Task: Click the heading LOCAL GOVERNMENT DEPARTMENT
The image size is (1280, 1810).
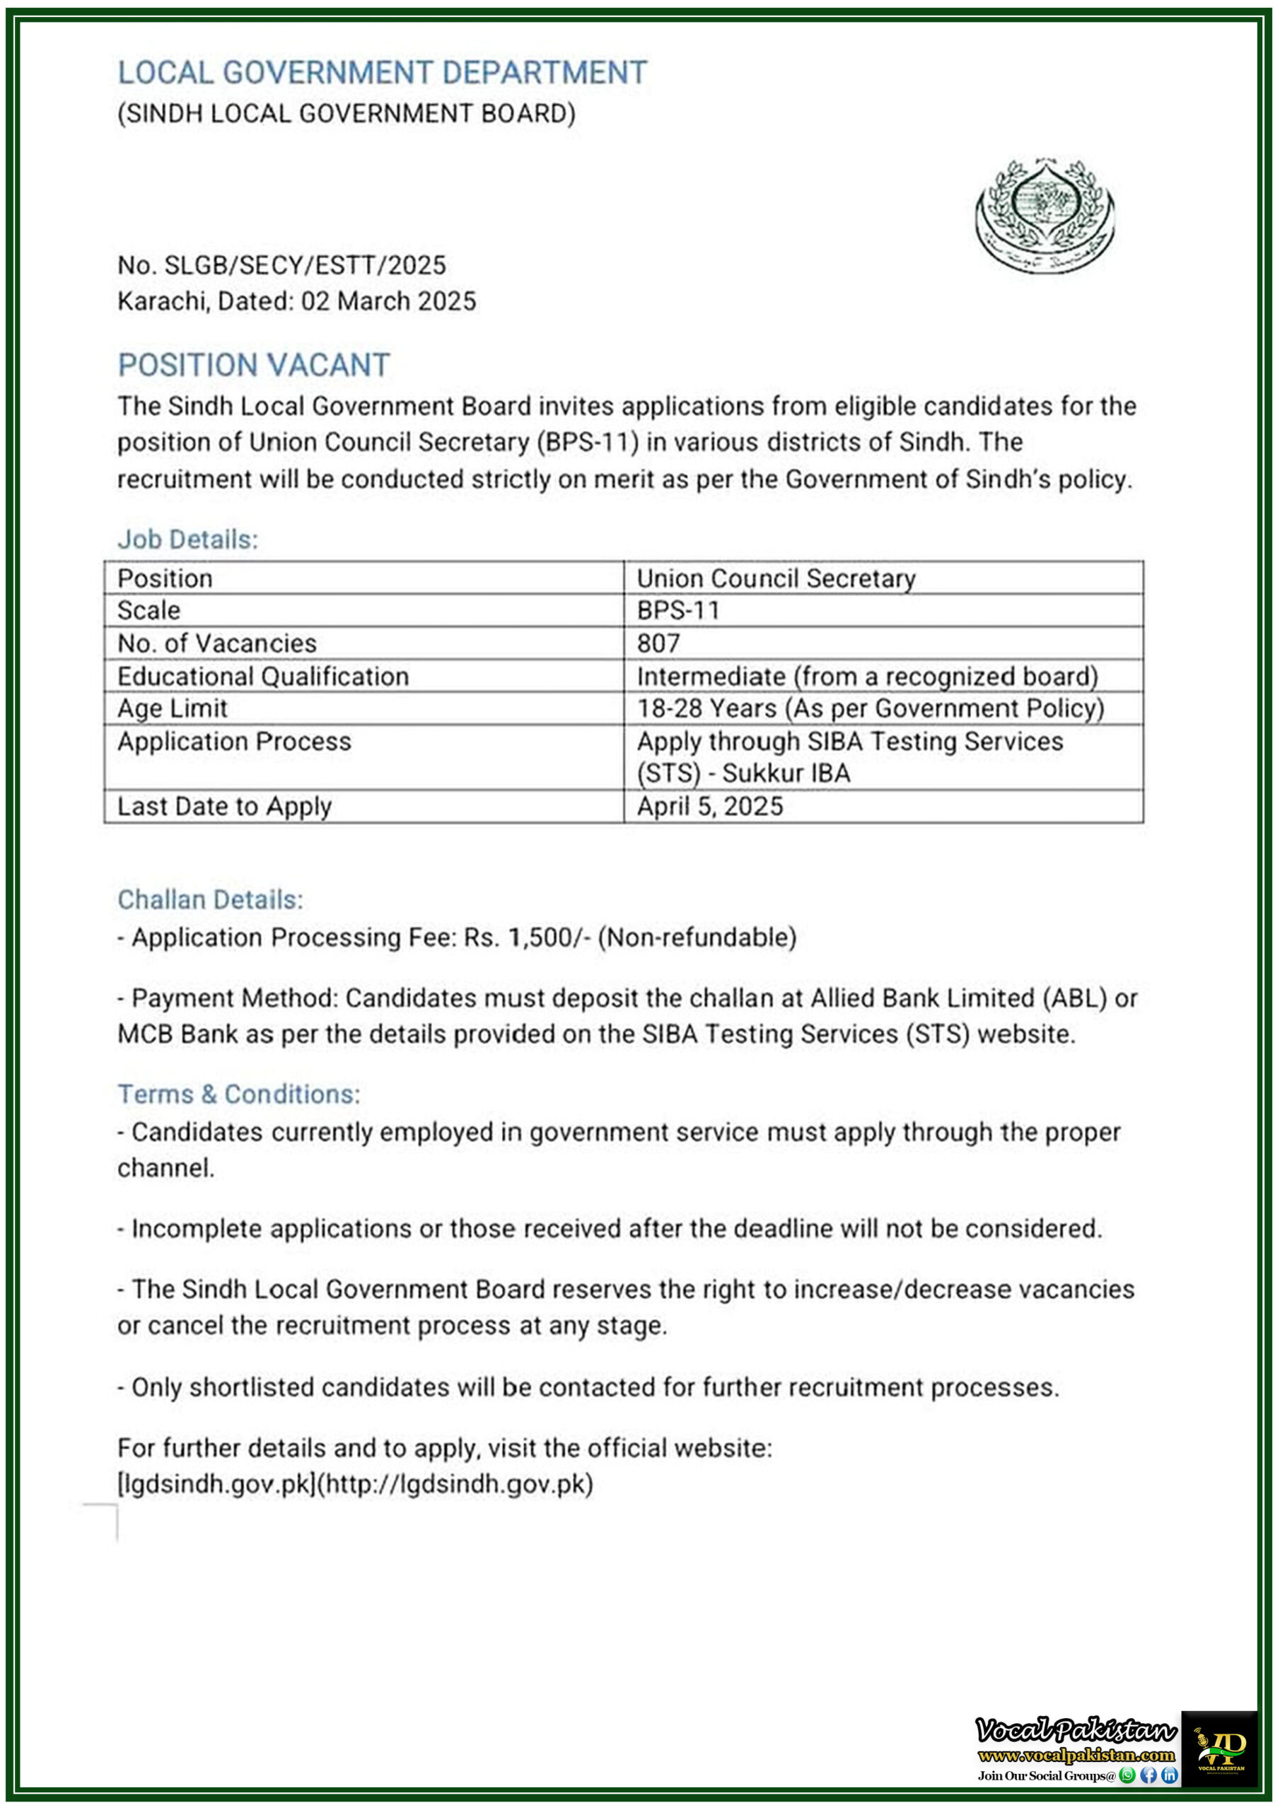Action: (x=382, y=74)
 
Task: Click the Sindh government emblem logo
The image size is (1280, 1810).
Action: (x=1045, y=215)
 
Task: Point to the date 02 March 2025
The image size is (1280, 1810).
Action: (x=388, y=301)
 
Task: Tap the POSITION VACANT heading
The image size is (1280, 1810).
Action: (x=254, y=365)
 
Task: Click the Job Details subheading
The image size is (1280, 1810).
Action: (x=187, y=539)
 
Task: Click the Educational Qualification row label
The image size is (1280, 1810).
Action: (x=262, y=677)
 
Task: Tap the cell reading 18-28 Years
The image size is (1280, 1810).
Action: (x=870, y=708)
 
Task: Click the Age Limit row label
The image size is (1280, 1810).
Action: (x=172, y=708)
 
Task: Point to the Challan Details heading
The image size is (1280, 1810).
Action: (x=210, y=899)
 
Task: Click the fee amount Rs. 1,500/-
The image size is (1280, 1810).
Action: (x=527, y=938)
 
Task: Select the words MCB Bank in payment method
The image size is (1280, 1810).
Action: (x=178, y=1034)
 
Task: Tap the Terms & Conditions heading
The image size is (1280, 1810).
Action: (x=238, y=1094)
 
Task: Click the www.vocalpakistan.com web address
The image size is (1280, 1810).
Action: (x=1076, y=1755)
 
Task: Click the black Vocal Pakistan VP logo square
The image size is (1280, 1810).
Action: (x=1218, y=1748)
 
